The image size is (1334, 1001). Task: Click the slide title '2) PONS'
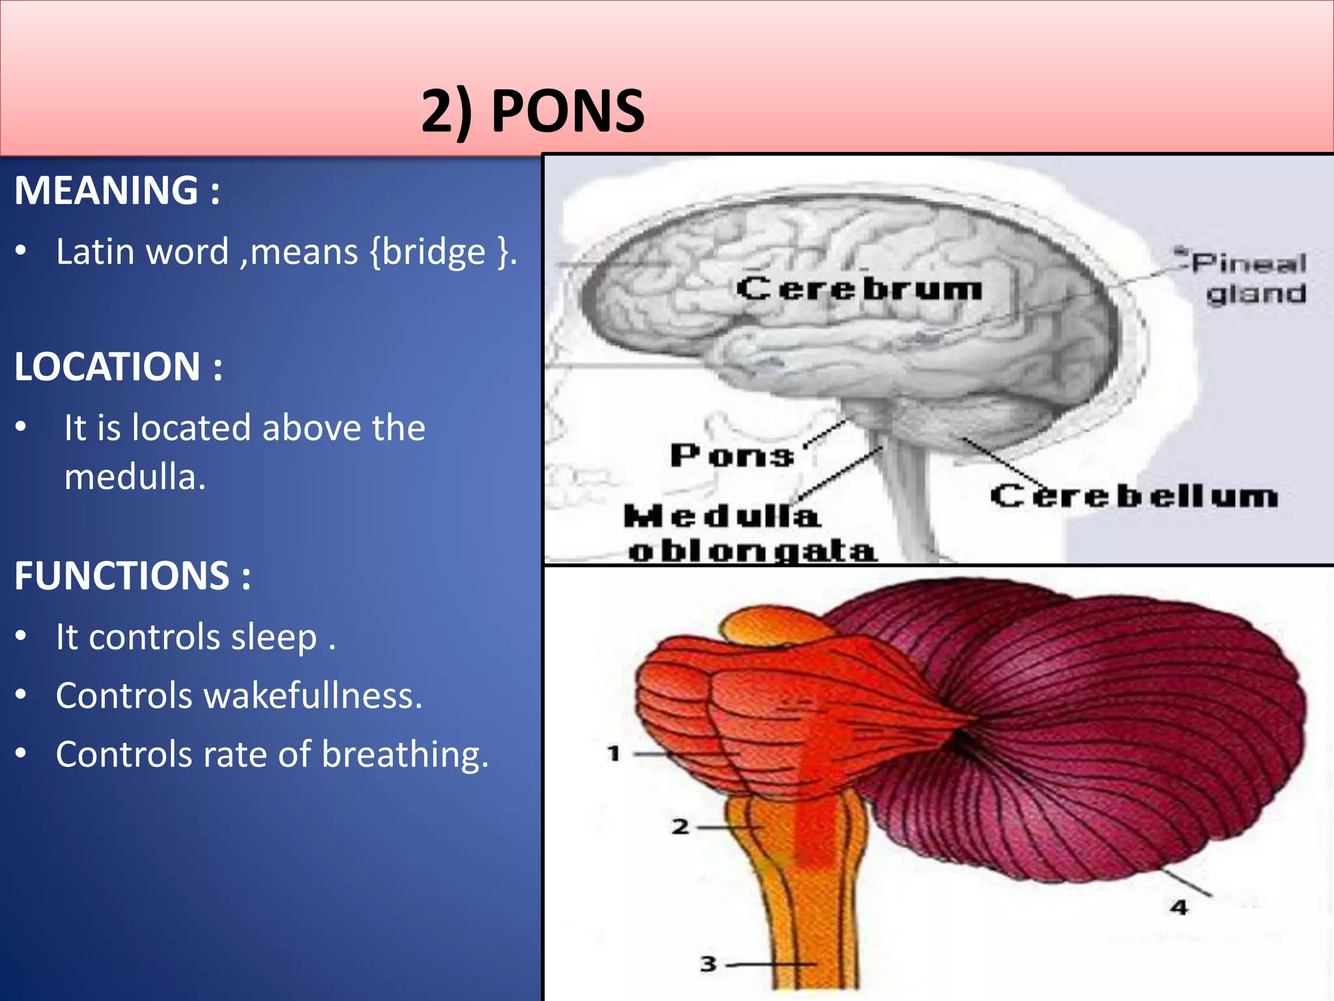pyautogui.click(x=533, y=111)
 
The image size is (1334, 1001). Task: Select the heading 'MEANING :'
pyautogui.click(x=117, y=190)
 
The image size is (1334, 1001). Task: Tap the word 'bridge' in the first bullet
pyautogui.click(x=434, y=252)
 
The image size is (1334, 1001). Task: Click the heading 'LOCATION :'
pyautogui.click(x=119, y=366)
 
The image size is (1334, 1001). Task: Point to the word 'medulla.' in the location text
pyautogui.click(x=135, y=477)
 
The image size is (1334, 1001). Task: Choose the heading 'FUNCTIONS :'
pyautogui.click(x=133, y=576)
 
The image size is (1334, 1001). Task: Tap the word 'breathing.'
pyautogui.click(x=404, y=755)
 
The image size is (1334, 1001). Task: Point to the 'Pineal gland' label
pyautogui.click(x=1251, y=279)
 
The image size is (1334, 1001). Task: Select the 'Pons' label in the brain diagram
pyautogui.click(x=732, y=456)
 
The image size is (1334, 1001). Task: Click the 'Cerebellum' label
pyautogui.click(x=1133, y=497)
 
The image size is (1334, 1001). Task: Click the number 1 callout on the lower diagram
pyautogui.click(x=613, y=754)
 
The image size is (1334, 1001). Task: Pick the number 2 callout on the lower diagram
pyautogui.click(x=681, y=827)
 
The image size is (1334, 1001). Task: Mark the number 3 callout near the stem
pyautogui.click(x=708, y=963)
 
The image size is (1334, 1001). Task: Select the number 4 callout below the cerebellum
pyautogui.click(x=1179, y=907)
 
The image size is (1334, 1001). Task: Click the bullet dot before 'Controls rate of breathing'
pyautogui.click(x=21, y=753)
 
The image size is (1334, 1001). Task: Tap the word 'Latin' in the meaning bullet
pyautogui.click(x=88, y=252)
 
